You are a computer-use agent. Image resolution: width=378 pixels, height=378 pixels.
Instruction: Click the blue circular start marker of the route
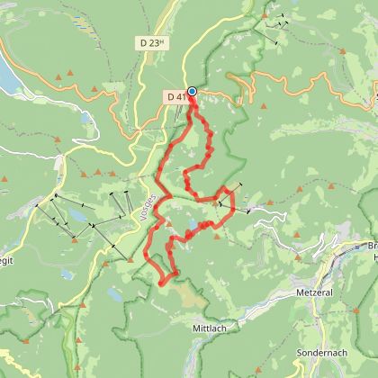(x=192, y=91)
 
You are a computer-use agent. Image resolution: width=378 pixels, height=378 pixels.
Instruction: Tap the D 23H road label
(x=154, y=42)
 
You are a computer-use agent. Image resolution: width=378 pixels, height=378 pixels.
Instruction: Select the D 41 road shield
(x=175, y=95)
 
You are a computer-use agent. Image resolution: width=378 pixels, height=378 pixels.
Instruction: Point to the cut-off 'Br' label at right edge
(x=372, y=245)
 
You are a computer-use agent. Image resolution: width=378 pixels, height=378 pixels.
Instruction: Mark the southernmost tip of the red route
(x=162, y=284)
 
